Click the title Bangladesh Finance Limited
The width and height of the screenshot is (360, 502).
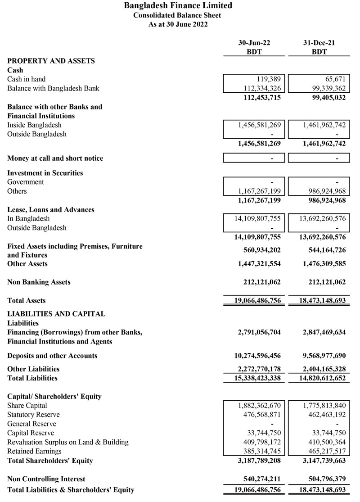click(178, 6)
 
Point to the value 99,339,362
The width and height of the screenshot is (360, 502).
click(324, 88)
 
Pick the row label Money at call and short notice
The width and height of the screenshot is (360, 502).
click(55, 158)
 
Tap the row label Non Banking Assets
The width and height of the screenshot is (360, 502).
click(39, 282)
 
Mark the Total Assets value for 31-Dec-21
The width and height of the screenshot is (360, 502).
click(319, 301)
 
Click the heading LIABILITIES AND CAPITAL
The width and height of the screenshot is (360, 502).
click(56, 314)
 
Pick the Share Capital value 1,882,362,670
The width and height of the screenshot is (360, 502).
click(260, 406)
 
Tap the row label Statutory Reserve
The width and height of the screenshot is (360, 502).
click(33, 415)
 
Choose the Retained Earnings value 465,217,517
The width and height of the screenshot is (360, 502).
click(324, 451)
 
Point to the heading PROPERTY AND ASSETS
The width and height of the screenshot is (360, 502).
click(51, 61)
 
